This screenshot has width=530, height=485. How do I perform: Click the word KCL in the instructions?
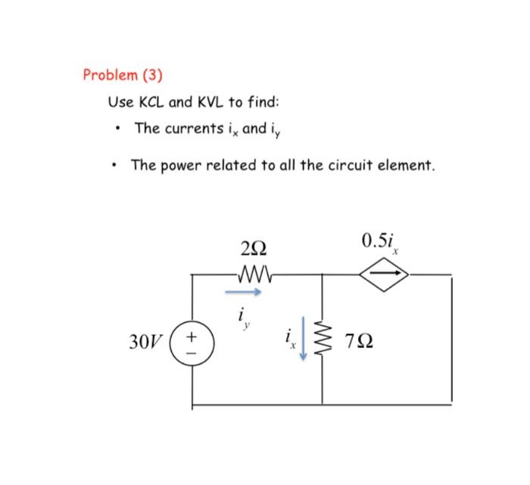154,101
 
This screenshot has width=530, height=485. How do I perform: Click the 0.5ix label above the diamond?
381,243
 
